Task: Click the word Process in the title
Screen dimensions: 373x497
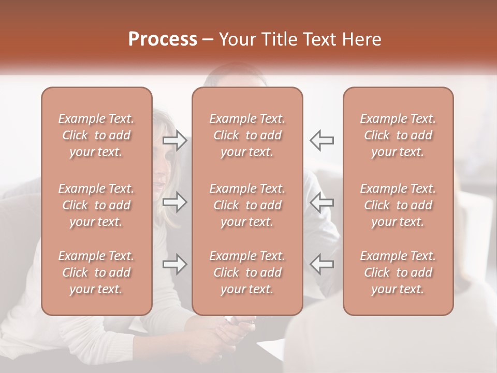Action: [163, 39]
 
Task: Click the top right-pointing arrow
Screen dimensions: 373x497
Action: [175, 140]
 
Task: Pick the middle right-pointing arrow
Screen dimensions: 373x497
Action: [175, 202]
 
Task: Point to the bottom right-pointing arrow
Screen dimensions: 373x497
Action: [175, 264]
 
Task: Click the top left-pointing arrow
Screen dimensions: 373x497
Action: [321, 140]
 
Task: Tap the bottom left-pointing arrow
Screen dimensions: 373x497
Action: [321, 264]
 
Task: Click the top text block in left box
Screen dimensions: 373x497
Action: [96, 135]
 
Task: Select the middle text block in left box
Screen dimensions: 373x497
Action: [96, 205]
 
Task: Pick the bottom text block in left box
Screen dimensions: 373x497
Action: [96, 272]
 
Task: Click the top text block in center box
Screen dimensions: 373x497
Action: [247, 135]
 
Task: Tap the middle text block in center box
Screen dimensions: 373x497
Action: [247, 205]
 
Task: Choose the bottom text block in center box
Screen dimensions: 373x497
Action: [247, 272]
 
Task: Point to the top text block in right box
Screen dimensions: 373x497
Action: [398, 135]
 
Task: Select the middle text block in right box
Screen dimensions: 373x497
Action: [398, 205]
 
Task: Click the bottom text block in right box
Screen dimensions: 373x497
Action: [398, 272]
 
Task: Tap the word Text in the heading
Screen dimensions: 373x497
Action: [321, 39]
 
